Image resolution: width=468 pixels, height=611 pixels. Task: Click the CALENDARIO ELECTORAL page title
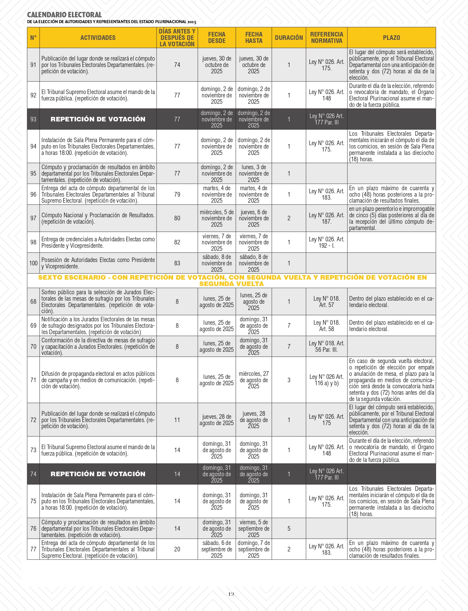[x=64, y=15]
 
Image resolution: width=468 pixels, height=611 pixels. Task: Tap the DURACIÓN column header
[x=289, y=38]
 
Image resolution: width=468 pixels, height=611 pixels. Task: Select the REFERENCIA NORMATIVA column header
[x=327, y=38]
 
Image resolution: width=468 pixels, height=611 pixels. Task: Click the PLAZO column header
[x=391, y=38]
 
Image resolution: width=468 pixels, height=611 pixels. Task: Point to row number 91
[x=33, y=65]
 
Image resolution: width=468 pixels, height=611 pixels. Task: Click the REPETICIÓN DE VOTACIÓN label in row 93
[x=98, y=119]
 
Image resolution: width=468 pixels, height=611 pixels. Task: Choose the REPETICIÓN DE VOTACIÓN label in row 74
[x=98, y=474]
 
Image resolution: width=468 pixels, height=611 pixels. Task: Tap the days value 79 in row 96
[x=177, y=194]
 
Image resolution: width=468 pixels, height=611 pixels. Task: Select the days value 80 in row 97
[x=177, y=218]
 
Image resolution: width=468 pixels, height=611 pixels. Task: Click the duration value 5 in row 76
[x=289, y=529]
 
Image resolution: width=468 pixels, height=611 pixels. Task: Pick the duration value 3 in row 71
[x=289, y=380]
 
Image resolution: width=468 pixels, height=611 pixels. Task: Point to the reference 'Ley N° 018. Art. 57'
[x=327, y=302]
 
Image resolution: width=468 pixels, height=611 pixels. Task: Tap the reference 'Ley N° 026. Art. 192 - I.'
[x=327, y=242]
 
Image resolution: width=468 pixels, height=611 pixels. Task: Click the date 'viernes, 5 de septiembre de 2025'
[x=253, y=529]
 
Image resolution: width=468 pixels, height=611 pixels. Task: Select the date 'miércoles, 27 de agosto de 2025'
[x=253, y=380]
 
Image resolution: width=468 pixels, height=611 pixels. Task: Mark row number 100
[x=33, y=263]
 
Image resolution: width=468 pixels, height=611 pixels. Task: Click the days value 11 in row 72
[x=177, y=420]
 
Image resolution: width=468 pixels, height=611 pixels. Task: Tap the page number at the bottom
[x=231, y=594]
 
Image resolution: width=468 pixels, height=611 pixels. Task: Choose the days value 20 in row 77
[x=177, y=549]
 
